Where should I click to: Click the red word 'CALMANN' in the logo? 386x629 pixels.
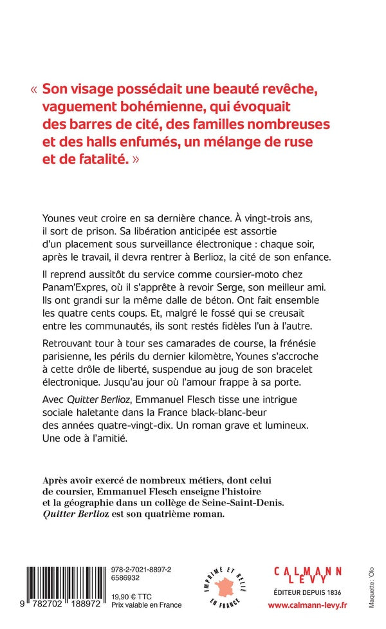(305, 571)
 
